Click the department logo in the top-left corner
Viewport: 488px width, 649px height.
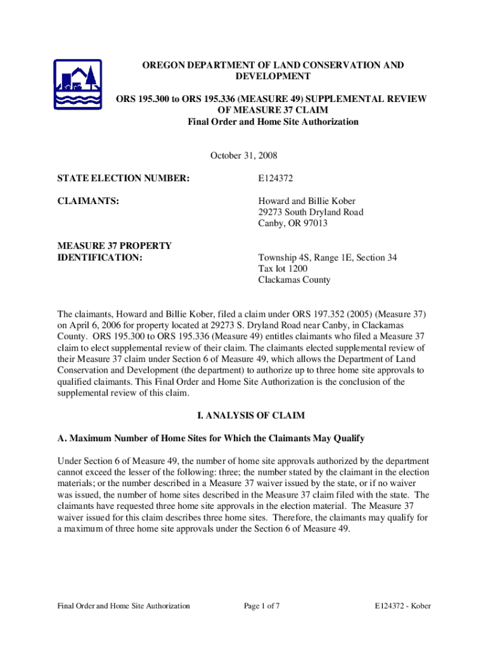[x=77, y=84]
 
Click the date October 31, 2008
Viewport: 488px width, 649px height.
[x=243, y=155]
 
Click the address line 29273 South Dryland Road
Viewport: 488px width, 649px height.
[x=311, y=212]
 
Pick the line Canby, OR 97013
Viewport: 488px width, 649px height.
[x=293, y=224]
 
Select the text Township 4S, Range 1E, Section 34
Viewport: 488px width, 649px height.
[x=327, y=258]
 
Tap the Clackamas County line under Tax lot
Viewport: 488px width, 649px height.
[x=294, y=280]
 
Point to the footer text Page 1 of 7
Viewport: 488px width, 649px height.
[x=262, y=606]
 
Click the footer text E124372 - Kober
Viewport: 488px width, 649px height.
[x=402, y=606]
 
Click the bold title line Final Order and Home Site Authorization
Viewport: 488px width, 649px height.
[x=273, y=122]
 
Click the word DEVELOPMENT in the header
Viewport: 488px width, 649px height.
[x=273, y=76]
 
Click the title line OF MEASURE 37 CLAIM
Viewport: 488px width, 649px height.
[x=273, y=110]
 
